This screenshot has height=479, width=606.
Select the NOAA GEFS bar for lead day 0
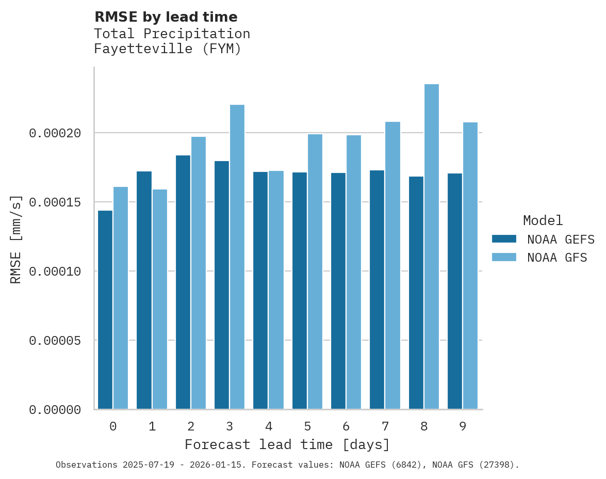105,310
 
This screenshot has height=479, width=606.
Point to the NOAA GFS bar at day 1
160,299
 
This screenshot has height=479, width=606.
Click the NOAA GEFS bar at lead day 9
455,291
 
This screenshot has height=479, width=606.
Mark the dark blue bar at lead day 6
338,291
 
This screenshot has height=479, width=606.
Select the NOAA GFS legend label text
557,258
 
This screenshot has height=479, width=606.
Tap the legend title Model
543,220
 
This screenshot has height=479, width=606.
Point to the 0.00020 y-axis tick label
55,133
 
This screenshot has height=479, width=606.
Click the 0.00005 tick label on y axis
55,341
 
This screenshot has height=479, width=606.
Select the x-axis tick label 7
385,427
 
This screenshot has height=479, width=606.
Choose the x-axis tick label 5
307,427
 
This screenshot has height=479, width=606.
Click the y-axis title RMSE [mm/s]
16,239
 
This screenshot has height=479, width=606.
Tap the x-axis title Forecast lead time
287,444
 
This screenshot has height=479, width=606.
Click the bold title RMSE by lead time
166,17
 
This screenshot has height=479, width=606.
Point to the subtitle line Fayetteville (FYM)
168,49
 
